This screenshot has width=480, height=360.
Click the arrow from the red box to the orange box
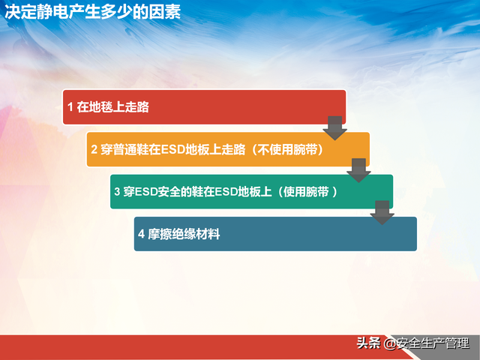click(x=335, y=127)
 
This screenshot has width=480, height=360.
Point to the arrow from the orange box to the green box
click(x=358, y=170)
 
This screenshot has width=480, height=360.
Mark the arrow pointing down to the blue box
click(x=382, y=213)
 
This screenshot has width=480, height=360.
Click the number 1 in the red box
click(x=70, y=107)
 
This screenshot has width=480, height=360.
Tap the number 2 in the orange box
click(x=94, y=150)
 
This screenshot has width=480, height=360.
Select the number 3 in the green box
click(x=117, y=192)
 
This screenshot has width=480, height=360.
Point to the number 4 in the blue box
click(x=141, y=235)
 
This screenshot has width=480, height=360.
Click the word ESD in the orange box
click(x=169, y=150)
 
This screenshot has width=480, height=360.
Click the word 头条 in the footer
click(x=370, y=343)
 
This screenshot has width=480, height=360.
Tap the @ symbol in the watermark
click(x=390, y=344)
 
